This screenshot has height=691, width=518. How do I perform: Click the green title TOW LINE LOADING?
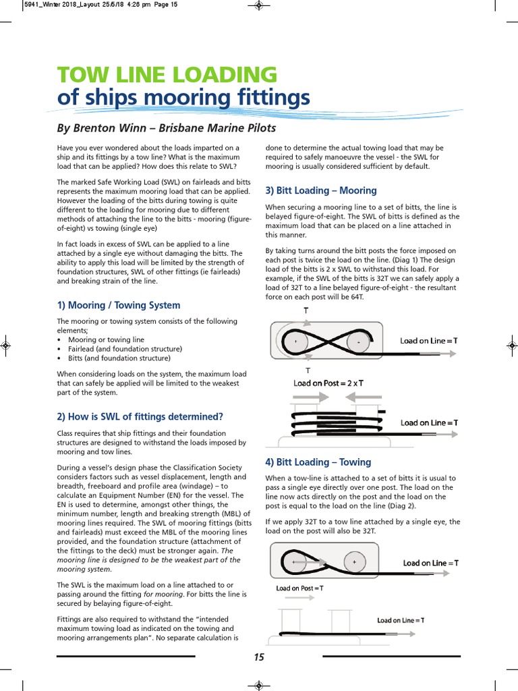[167, 74]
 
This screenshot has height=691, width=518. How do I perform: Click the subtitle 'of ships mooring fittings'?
[183, 98]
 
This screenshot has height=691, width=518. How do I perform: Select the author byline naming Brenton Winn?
[166, 128]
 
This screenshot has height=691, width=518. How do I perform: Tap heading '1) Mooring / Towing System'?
[119, 305]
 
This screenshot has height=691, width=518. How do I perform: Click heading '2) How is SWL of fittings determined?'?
[140, 416]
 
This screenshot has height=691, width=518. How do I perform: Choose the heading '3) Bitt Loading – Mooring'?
[321, 190]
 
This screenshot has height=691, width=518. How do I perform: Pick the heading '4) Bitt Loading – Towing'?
[318, 462]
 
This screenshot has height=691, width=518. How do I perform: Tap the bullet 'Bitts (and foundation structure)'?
[119, 358]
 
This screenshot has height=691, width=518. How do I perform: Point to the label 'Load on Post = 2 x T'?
[328, 383]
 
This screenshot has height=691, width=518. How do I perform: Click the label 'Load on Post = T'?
[299, 588]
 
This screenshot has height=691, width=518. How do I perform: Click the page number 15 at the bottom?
[259, 657]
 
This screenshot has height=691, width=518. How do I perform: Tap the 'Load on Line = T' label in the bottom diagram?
[401, 620]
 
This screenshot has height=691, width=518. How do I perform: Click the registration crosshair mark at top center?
[259, 6]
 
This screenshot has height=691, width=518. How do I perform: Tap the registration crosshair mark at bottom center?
[259, 685]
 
